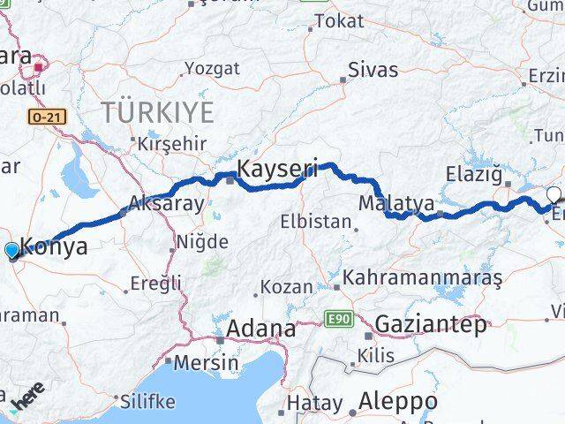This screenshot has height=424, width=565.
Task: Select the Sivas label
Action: click(x=373, y=70)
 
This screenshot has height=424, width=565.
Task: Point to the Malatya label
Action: click(x=396, y=203)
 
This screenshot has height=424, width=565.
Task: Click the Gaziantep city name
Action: click(x=430, y=324)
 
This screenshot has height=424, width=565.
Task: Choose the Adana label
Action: click(x=261, y=329)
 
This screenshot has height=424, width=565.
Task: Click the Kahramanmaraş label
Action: click(x=423, y=278)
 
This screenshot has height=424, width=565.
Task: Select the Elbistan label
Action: click(x=317, y=222)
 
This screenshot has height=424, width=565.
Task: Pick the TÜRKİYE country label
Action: click(x=157, y=112)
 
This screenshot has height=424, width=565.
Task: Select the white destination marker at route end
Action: click(x=554, y=194)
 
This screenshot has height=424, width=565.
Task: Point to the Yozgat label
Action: click(x=211, y=68)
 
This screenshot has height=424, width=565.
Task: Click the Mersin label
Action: click(x=206, y=362)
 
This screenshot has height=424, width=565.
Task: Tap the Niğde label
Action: click(x=202, y=241)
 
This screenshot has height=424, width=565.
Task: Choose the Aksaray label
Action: click(x=166, y=203)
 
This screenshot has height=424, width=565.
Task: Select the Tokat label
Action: click(x=338, y=20)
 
